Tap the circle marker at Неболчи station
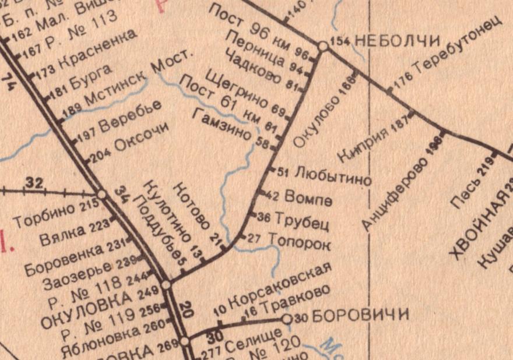pos(322,45)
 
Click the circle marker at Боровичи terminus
pos(286,319)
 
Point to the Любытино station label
pos(333,176)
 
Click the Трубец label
pos(302,221)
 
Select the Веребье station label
pos(130,118)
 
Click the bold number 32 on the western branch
pos(35,184)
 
